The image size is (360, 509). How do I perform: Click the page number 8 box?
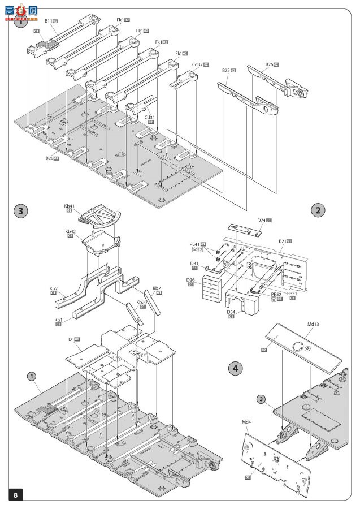pyautogui.click(x=16, y=494)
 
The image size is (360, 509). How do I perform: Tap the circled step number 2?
pyautogui.click(x=318, y=210)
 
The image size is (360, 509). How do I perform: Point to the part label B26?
pyautogui.click(x=270, y=65)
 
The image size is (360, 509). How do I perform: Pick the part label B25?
pyautogui.click(x=226, y=71)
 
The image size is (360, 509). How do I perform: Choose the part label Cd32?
pyautogui.click(x=196, y=65)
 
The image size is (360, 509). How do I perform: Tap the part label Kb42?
pyautogui.click(x=70, y=231)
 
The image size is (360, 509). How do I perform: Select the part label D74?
pyautogui.click(x=261, y=220)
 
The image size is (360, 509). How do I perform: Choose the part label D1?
pyautogui.click(x=71, y=339)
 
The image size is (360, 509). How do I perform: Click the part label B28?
pyautogui.click(x=50, y=159)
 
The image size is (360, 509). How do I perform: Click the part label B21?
pyautogui.click(x=282, y=241)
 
